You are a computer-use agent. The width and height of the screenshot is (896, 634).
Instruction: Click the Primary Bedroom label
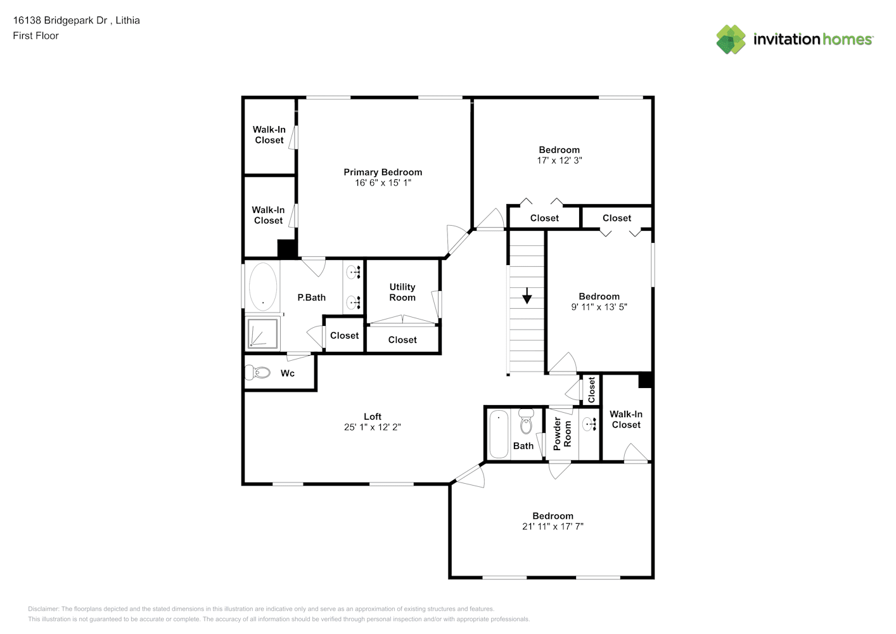click(x=383, y=172)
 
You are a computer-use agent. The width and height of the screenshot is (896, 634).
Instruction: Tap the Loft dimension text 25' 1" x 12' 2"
click(x=373, y=427)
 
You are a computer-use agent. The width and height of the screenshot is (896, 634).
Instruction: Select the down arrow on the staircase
click(x=527, y=297)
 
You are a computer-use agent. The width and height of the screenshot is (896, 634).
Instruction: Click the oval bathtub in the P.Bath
click(x=262, y=287)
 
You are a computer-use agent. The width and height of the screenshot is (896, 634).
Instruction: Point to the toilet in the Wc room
click(x=258, y=372)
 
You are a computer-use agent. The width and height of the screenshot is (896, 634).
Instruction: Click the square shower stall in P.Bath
click(x=262, y=333)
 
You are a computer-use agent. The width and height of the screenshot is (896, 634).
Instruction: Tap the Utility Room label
click(x=402, y=292)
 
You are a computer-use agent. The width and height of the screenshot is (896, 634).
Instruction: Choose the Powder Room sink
click(x=590, y=424)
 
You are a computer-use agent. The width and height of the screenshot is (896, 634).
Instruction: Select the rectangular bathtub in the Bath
click(x=499, y=434)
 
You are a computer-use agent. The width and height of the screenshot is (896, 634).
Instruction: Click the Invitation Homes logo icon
click(x=731, y=39)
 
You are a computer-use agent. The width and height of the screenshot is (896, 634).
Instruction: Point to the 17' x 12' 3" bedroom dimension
click(x=560, y=160)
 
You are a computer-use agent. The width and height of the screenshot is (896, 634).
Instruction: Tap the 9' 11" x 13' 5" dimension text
click(x=599, y=307)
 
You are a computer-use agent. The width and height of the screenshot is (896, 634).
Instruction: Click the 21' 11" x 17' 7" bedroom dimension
click(x=553, y=526)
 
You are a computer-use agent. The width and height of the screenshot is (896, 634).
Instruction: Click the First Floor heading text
click(x=35, y=36)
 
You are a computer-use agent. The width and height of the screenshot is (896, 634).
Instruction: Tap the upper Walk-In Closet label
click(x=269, y=135)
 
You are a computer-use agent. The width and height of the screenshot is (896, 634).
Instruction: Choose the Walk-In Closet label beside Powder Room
click(x=626, y=420)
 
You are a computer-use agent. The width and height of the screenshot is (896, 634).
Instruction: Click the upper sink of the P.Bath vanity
click(x=352, y=273)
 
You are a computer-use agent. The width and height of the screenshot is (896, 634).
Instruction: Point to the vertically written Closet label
click(x=592, y=389)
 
